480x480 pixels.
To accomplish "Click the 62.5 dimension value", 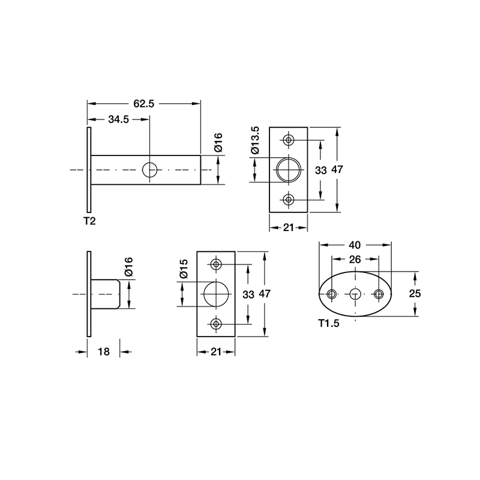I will tap(144, 104).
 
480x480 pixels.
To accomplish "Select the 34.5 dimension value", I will tap(119, 119).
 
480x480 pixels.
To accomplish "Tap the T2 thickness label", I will tap(89, 221).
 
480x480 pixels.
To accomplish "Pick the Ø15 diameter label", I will tap(184, 268).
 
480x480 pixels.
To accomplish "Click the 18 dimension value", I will tap(103, 352).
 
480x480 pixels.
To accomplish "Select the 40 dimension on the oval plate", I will tap(355, 245).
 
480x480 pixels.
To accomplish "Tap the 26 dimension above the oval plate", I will tap(355, 259).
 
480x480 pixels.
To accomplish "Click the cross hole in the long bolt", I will tap(150, 170).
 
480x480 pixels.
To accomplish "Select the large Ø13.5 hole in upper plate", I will tap(289, 170).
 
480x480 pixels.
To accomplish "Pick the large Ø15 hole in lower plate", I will tap(216, 294).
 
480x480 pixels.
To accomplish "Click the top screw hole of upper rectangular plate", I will tap(289, 140).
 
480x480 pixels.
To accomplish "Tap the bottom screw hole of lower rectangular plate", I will tap(216, 324).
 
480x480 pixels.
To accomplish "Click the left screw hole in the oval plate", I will tap(332, 294).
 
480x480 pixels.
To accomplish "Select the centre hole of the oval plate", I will tap(355, 294).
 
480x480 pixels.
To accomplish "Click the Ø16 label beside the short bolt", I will tap(128, 266).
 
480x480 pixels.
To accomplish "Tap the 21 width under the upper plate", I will tap(289, 227).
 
